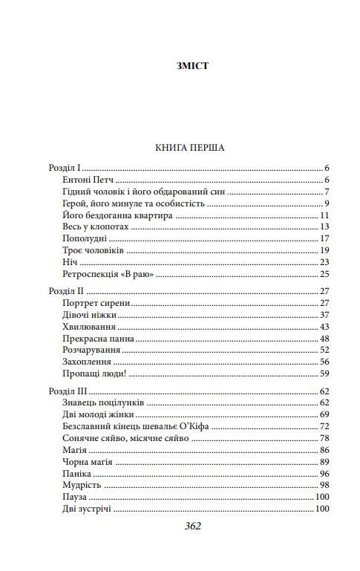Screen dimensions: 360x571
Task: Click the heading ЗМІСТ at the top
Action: tap(193, 65)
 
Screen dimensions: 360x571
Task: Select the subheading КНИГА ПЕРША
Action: tap(190, 148)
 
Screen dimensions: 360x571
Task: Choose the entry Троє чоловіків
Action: tap(93, 250)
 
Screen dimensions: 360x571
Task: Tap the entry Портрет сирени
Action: tap(96, 304)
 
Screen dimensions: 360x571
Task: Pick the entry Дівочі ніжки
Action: tap(89, 315)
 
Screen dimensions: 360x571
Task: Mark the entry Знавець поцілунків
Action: tap(103, 402)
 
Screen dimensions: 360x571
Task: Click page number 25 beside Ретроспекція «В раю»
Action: tap(324, 274)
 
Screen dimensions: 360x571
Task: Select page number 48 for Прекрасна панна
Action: tap(324, 339)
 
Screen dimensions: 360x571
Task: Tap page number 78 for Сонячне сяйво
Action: tap(324, 438)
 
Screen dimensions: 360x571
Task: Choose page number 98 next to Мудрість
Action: tap(324, 485)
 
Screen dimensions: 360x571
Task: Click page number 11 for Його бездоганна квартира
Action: tap(324, 215)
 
